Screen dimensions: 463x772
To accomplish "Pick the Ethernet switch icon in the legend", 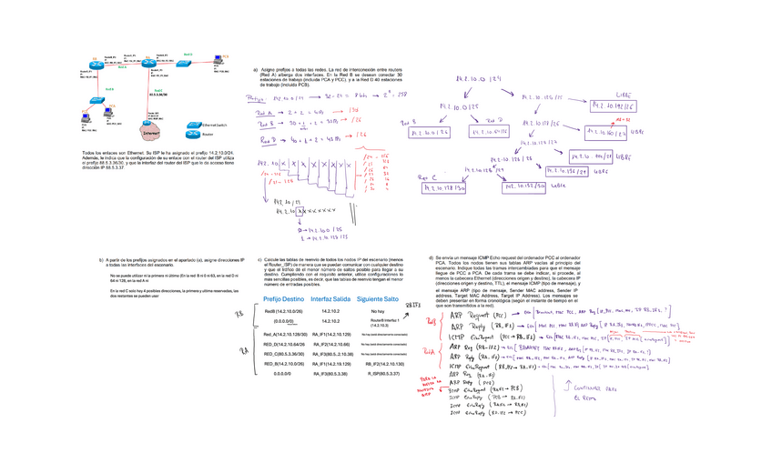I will pos(194,124).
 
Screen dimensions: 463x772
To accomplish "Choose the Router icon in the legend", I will pos(194,133).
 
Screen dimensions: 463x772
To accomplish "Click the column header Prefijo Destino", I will pos(283,299).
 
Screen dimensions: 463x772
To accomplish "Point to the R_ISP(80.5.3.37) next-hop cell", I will pos(377,373).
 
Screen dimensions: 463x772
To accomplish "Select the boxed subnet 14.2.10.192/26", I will pos(613,106).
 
